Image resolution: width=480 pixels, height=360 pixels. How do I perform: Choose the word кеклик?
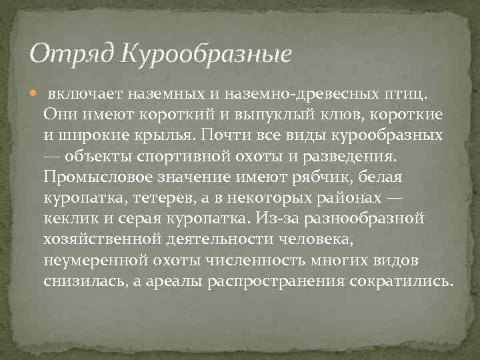(x=69, y=218)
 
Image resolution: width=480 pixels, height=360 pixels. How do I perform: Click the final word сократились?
(x=399, y=281)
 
